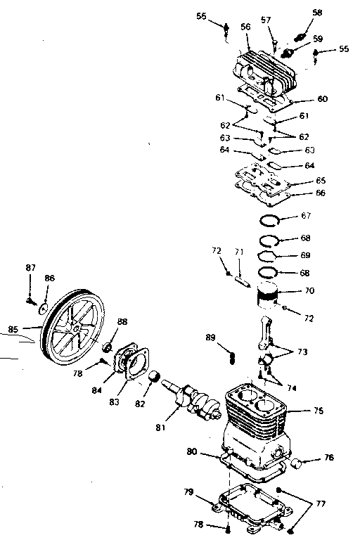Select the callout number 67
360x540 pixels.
tap(306, 215)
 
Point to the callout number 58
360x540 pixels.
tap(317, 13)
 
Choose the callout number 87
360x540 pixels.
tap(30, 267)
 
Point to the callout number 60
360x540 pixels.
tap(322, 99)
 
